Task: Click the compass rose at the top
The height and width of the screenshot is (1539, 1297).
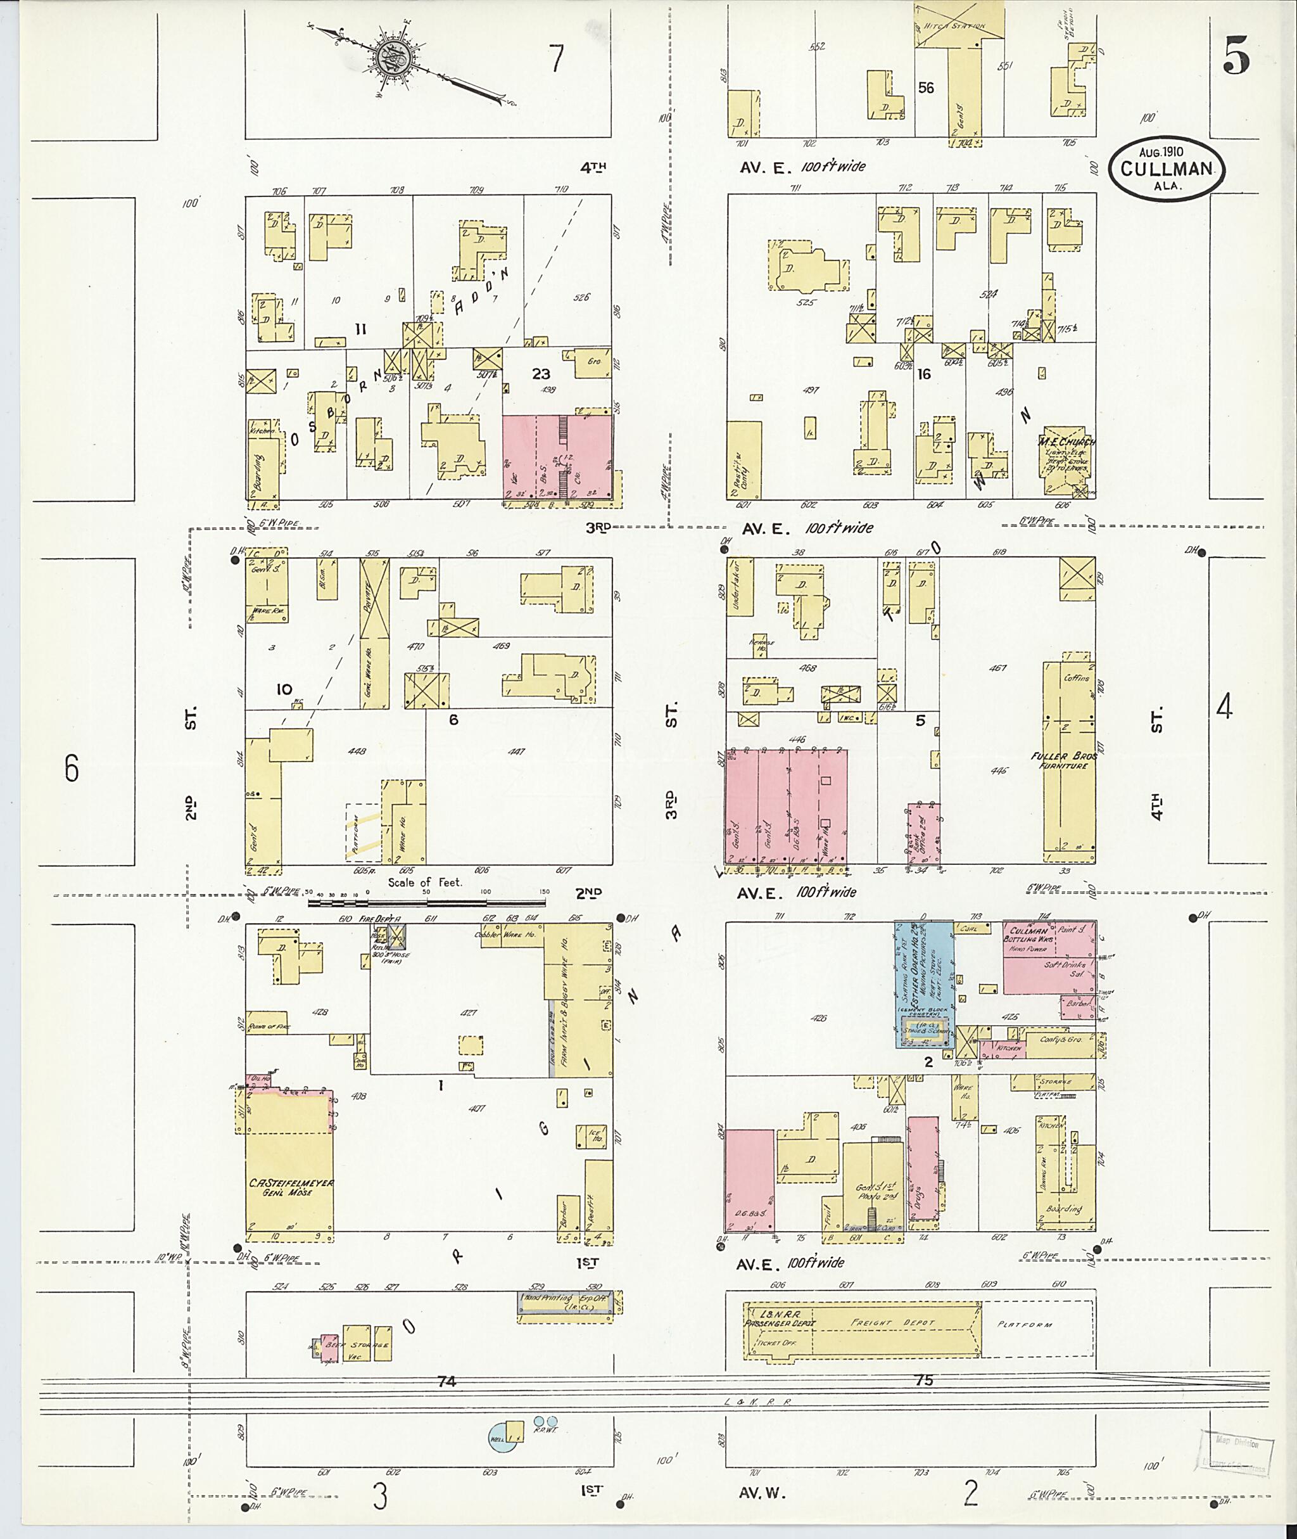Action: [x=388, y=59]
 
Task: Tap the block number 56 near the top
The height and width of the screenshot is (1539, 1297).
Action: [x=926, y=88]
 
